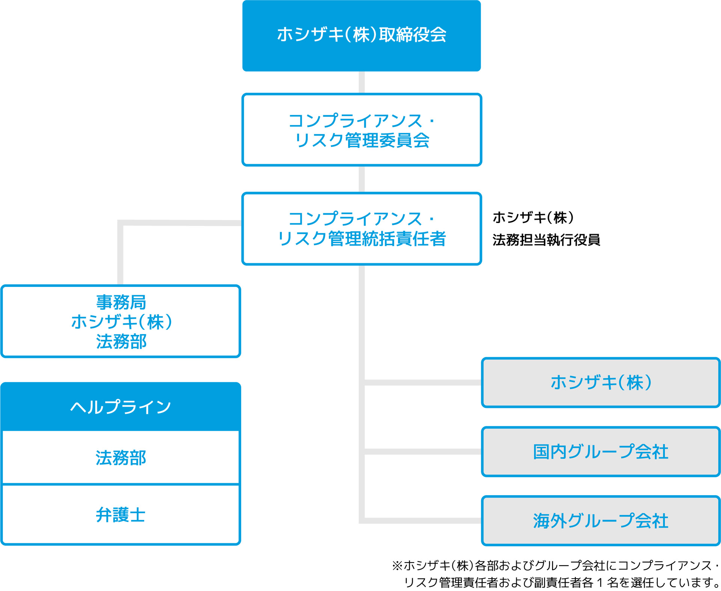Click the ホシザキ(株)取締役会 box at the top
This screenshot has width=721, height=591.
[361, 35]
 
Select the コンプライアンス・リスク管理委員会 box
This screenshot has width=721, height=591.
[361, 130]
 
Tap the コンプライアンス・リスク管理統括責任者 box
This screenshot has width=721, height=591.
[361, 229]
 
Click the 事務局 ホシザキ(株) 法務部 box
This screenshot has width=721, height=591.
[121, 321]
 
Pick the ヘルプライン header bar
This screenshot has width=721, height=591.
[121, 407]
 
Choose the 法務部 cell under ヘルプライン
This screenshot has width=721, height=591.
[121, 458]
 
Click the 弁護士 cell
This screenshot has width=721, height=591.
[121, 515]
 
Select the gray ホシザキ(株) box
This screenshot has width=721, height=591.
[600, 383]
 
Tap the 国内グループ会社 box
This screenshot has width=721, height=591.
[600, 452]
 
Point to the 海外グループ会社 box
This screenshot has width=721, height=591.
[600, 521]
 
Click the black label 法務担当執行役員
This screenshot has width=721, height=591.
[546, 240]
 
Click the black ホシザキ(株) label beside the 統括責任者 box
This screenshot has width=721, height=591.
[533, 217]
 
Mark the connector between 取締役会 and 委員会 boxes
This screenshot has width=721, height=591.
[362, 82]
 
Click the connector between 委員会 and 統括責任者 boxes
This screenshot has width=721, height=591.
[362, 179]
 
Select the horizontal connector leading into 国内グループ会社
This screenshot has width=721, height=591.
[422, 452]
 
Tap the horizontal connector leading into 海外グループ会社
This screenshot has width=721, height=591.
[422, 521]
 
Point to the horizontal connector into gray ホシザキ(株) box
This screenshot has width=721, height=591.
[422, 383]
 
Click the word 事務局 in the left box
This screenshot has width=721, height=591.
[121, 302]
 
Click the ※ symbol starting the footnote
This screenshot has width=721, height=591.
[397, 565]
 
